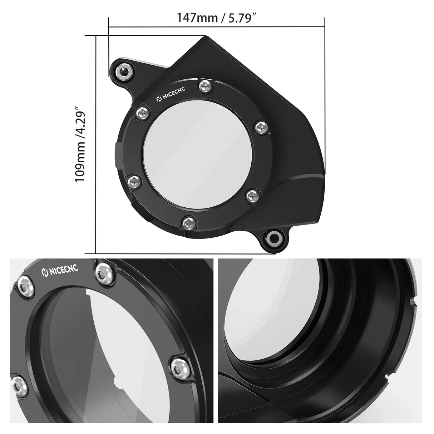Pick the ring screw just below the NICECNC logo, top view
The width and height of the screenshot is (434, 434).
(142, 113)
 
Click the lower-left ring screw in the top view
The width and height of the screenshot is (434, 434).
(133, 180)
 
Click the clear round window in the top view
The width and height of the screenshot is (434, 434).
(200, 154)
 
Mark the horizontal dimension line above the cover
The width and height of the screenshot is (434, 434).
(217, 26)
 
